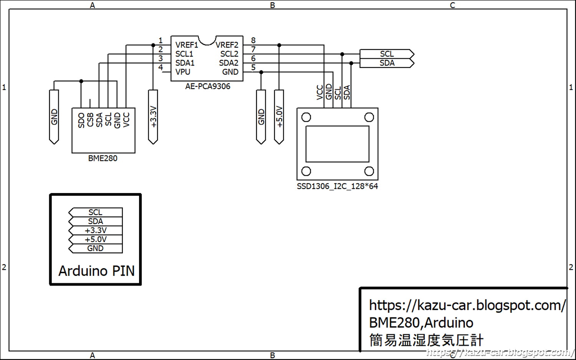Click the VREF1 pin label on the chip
(187, 45)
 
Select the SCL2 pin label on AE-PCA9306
(229, 54)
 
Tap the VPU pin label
(183, 72)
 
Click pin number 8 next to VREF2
(253, 40)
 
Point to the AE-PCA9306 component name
(208, 86)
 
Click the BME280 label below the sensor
(103, 158)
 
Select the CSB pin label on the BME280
(90, 120)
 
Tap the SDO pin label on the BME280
(81, 120)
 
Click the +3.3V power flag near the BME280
(153, 117)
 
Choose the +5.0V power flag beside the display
(279, 117)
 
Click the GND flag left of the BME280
(54, 117)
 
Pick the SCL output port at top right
(387, 54)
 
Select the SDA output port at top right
(387, 63)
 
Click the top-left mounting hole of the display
(306, 117)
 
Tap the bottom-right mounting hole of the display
(369, 171)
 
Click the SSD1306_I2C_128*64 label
(337, 186)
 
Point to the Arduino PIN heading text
(96, 271)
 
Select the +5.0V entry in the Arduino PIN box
(96, 239)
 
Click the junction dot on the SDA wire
(351, 63)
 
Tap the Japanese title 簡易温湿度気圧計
(426, 340)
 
